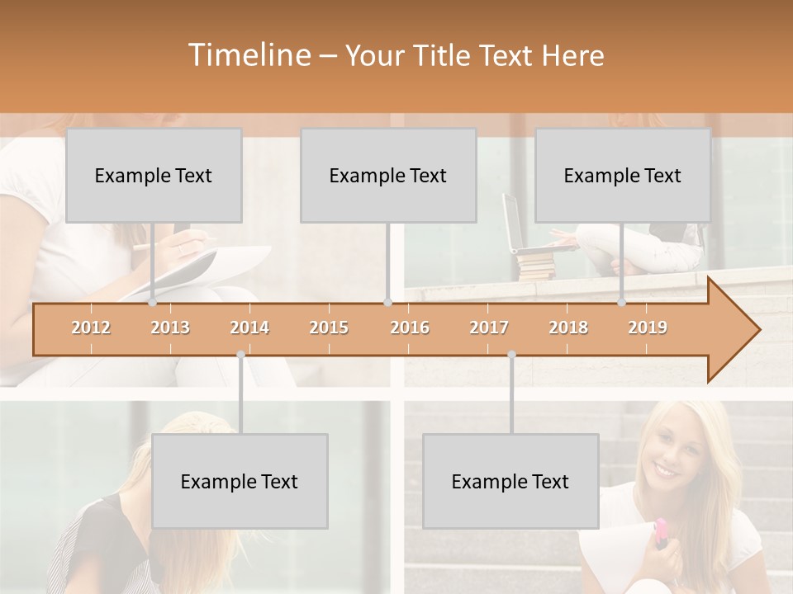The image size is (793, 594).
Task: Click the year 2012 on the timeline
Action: tap(91, 328)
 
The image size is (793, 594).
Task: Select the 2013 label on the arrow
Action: tap(170, 328)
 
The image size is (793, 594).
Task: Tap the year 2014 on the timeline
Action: tap(249, 328)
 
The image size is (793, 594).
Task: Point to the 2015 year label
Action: tap(329, 328)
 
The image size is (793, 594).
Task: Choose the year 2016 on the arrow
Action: tap(410, 328)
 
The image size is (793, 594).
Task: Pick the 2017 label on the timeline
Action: tap(489, 328)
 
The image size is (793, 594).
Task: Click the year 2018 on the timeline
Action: tap(568, 328)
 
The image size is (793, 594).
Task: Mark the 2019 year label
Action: tap(648, 328)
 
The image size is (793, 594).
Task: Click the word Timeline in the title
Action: tap(248, 55)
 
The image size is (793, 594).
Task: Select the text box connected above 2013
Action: tap(154, 175)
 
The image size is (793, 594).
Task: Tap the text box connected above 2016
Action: tap(388, 175)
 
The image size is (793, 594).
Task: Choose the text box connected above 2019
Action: tap(623, 175)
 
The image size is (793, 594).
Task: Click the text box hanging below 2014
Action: tap(240, 481)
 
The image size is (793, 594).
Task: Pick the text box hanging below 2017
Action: tap(510, 481)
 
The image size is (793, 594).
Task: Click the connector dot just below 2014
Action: tap(240, 354)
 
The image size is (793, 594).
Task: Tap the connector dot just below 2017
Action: tap(511, 354)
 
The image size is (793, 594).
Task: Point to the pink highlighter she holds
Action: tap(662, 534)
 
